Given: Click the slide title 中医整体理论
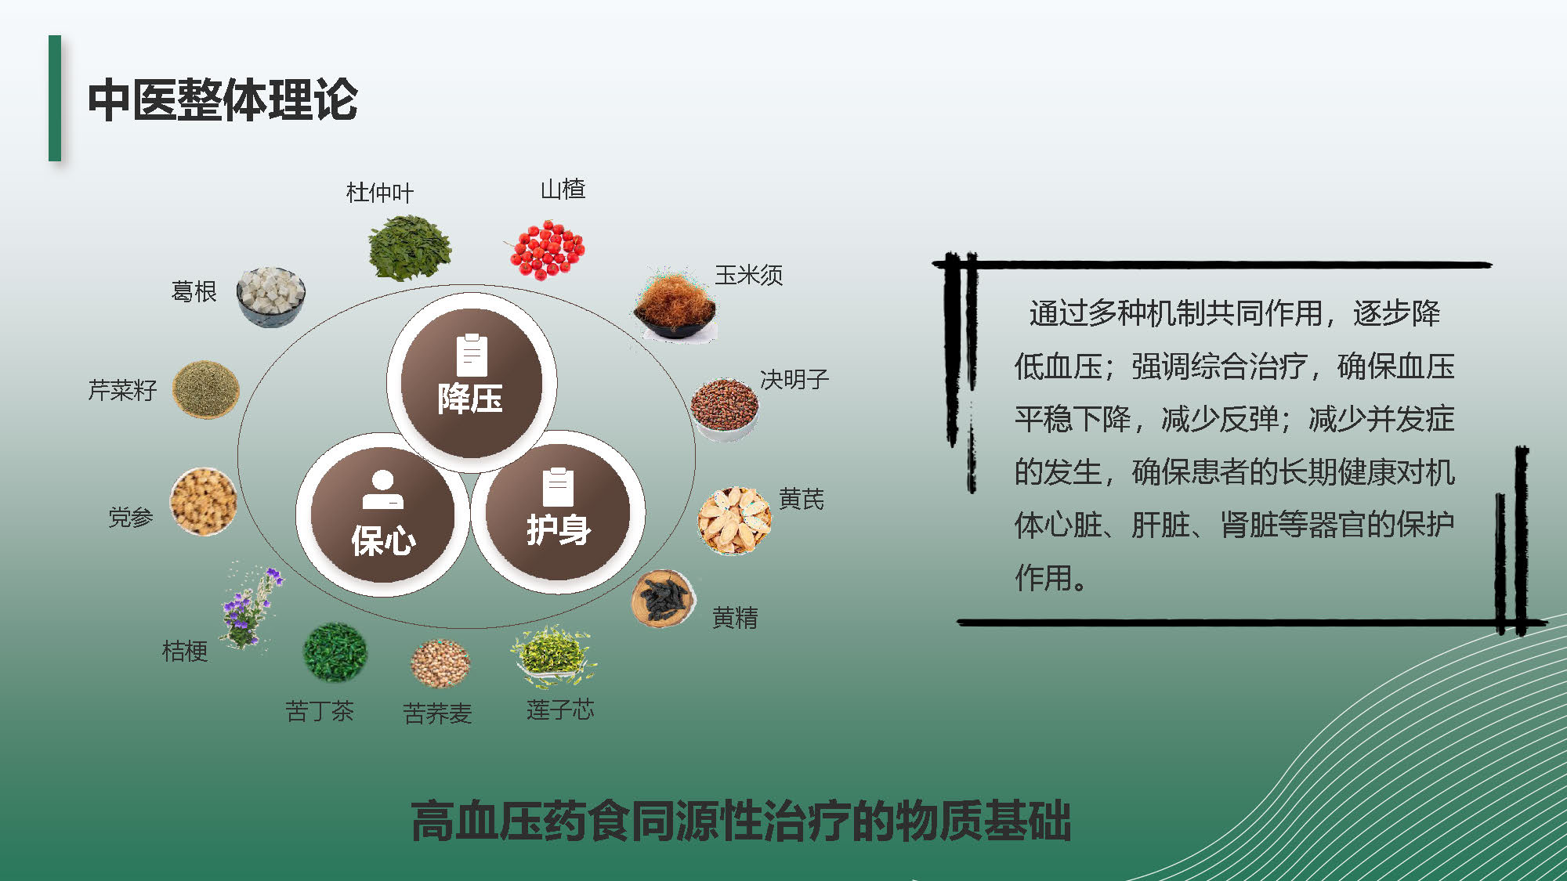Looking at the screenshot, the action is [x=223, y=100].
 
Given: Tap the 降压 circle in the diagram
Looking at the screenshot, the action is [x=471, y=382].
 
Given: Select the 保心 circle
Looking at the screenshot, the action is [x=382, y=515].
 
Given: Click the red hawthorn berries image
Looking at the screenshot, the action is [x=546, y=249].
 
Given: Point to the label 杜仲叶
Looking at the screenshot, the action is [x=380, y=193].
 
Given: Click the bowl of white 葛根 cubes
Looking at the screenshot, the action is [x=270, y=296].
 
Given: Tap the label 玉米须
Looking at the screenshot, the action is [x=749, y=275].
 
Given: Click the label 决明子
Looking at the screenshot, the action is [x=794, y=380].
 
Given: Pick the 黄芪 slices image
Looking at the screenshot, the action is [x=734, y=520].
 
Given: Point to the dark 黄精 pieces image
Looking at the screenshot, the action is [x=664, y=598].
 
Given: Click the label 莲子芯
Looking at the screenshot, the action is [x=560, y=710].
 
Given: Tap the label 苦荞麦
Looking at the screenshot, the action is [x=437, y=713].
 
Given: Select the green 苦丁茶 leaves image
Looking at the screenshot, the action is [x=335, y=652].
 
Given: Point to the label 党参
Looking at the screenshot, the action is [x=130, y=517].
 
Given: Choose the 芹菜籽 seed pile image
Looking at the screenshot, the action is [x=205, y=389].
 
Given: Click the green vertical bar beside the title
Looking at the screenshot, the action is [x=55, y=98].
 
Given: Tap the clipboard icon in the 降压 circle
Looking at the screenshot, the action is [x=472, y=356].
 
